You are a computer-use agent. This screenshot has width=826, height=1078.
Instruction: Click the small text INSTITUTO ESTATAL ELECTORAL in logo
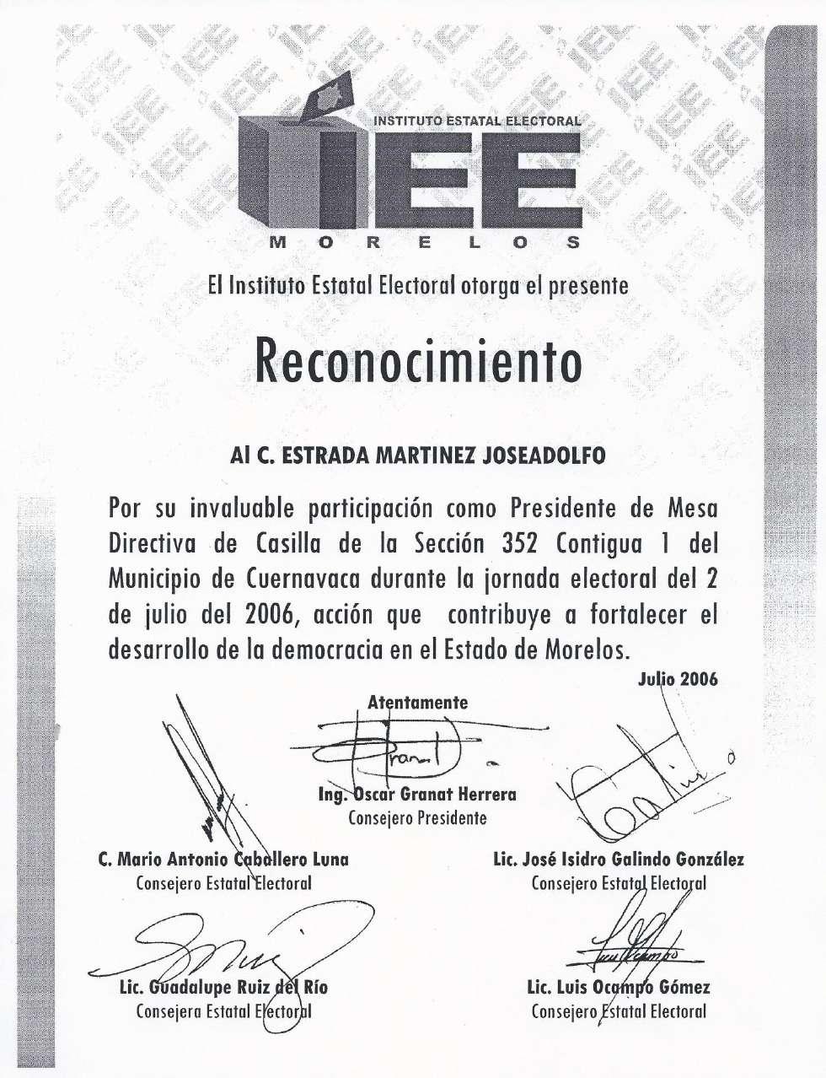coord(477,121)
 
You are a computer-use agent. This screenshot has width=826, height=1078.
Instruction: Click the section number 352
coord(520,544)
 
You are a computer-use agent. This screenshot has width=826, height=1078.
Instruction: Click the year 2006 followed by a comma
coord(272,615)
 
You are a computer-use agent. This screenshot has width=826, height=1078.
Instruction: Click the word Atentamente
coord(417,702)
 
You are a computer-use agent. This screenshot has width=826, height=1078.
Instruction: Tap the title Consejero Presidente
coord(417,817)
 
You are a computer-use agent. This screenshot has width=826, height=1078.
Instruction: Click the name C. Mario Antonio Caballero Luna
coord(223,860)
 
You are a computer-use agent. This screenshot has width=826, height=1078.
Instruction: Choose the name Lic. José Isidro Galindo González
coord(619,860)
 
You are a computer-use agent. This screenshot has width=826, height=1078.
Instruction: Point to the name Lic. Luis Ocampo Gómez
coord(619,988)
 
